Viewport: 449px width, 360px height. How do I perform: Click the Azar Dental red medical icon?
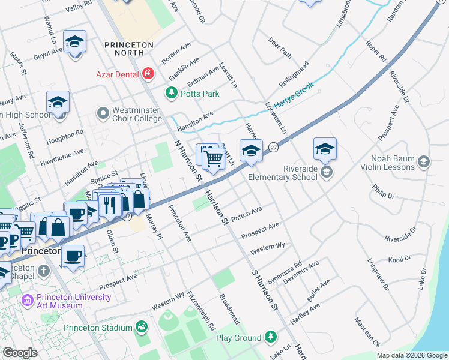tap(148, 74)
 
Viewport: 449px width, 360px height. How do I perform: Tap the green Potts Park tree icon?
tap(172, 93)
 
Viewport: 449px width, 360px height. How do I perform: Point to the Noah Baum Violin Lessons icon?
tap(424, 162)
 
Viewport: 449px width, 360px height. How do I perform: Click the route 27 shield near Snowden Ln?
tap(273, 148)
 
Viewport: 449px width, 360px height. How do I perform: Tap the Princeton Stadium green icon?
tap(141, 327)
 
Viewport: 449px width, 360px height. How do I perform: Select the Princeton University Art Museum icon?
tap(27, 300)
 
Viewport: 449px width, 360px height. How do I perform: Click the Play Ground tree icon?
tap(271, 338)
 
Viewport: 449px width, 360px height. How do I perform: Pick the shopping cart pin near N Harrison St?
tap(213, 158)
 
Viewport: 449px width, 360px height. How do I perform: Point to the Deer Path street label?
tap(280, 48)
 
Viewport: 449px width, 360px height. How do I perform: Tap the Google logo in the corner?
tap(20, 353)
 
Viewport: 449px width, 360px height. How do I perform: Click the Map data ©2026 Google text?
tap(412, 355)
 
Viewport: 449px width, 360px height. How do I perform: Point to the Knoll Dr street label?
tap(399, 259)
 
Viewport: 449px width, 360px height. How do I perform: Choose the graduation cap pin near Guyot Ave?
tap(75, 42)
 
